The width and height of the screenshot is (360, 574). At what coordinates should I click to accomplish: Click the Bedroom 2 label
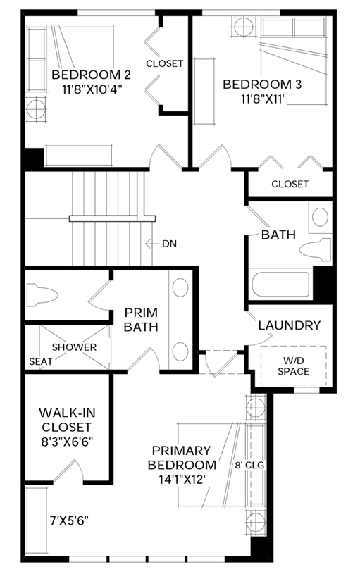[91, 75]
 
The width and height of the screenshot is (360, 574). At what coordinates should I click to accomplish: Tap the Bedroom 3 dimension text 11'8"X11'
[263, 99]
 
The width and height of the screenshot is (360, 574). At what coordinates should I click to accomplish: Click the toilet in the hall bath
[316, 251]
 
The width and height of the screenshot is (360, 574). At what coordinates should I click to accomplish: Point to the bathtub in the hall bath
[280, 285]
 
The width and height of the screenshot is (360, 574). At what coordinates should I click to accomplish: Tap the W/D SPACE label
[293, 366]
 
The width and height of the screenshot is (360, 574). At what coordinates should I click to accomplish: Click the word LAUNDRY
[290, 325]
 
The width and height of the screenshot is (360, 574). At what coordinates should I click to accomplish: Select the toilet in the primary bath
[42, 294]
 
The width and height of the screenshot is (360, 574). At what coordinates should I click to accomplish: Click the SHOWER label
[75, 347]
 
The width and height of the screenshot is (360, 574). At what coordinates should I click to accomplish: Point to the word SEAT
[41, 362]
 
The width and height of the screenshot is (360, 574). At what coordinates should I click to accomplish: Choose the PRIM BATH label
[141, 320]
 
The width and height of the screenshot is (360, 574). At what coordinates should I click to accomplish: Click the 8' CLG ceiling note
[249, 466]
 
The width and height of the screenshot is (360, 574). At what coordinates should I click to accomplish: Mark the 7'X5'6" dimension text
[69, 520]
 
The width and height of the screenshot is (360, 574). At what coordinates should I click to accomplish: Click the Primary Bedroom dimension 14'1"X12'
[182, 480]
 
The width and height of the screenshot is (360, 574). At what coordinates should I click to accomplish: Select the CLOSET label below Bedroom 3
[290, 184]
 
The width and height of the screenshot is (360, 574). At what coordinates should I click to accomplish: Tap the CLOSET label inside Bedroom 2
[164, 63]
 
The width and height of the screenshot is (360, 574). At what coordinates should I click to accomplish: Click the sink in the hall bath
[320, 218]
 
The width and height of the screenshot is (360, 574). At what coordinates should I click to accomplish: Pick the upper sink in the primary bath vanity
[180, 287]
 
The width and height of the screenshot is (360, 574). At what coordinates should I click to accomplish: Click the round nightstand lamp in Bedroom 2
[36, 109]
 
